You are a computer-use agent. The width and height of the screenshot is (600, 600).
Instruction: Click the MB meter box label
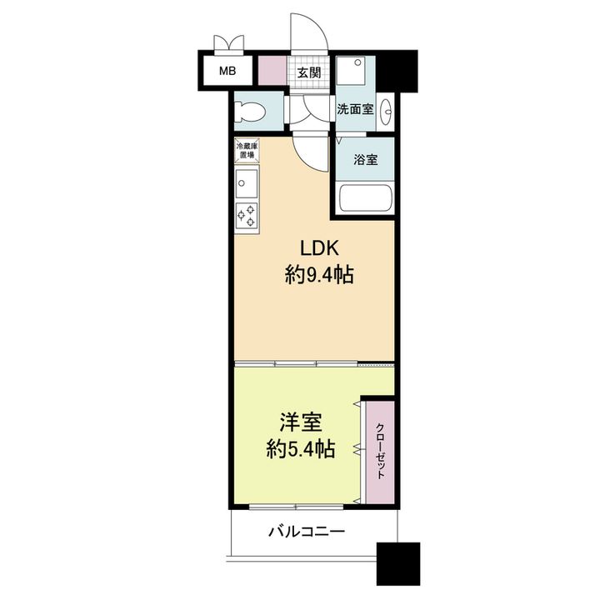227,71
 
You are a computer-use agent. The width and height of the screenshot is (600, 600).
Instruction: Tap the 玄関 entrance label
309,72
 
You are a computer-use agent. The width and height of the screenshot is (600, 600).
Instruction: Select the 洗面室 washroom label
355,109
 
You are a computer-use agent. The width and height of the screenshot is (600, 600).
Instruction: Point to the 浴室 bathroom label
366,159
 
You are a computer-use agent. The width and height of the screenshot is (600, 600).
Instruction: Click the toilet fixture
248,112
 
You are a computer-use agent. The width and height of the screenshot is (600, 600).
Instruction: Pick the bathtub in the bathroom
366,198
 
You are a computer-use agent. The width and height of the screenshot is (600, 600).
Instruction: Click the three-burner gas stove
247,216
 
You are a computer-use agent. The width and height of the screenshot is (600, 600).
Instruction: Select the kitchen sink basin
247,182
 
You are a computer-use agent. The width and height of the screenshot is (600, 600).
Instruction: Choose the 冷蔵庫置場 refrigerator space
247,150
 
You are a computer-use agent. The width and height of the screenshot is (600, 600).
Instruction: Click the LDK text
319,248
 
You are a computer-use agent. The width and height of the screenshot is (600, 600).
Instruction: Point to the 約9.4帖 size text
319,274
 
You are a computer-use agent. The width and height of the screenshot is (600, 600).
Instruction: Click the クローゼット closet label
380,452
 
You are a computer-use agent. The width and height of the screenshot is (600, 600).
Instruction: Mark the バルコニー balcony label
307,532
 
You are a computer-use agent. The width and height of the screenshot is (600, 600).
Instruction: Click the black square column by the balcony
398,563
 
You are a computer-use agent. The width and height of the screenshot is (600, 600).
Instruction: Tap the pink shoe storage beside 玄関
272,70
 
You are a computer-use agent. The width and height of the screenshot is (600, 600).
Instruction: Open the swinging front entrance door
309,32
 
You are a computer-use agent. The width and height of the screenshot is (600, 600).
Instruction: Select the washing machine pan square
351,70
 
